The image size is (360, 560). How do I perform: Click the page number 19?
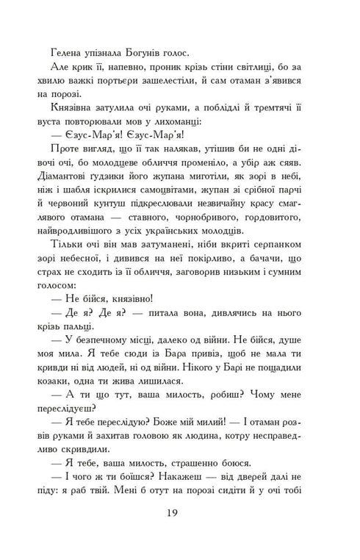coord(179,532)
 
